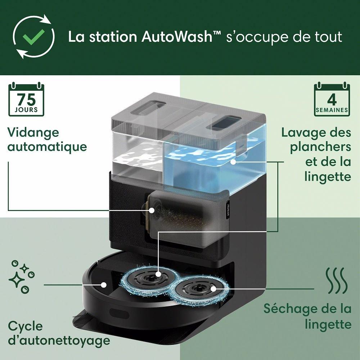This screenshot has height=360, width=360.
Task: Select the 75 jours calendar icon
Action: click(27, 99)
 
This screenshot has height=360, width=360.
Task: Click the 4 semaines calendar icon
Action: click(332, 99)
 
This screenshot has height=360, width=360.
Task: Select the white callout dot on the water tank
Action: click(234, 162)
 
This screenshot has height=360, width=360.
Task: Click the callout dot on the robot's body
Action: click(104, 284)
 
